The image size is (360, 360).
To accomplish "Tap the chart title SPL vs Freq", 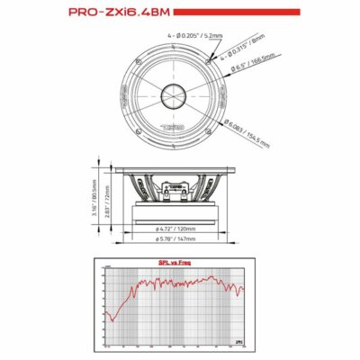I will pyautogui.click(x=175, y=264).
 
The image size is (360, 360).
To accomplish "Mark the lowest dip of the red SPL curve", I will pyautogui.click(x=109, y=317).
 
